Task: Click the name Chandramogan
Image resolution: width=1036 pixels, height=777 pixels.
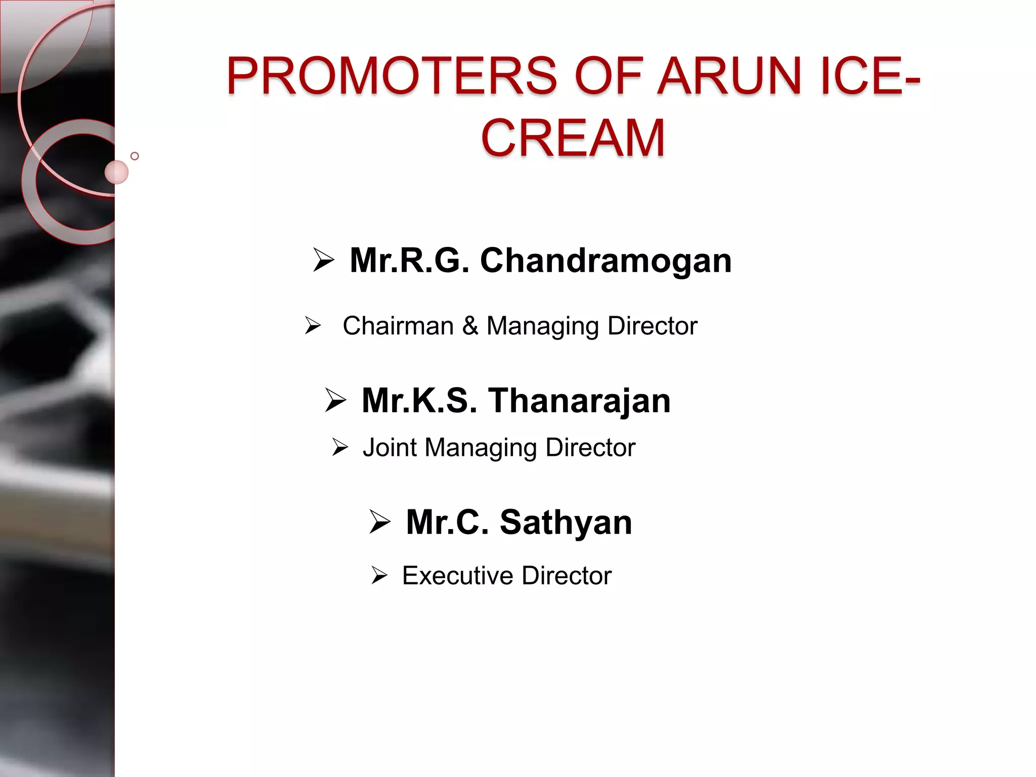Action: [x=605, y=261]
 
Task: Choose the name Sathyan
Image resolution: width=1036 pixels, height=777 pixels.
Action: [x=566, y=523]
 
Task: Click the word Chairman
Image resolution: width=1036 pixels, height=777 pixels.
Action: [x=398, y=326]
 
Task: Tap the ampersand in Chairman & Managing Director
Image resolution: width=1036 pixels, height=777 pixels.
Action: [x=470, y=326]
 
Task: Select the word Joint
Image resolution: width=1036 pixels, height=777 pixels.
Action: [x=390, y=448]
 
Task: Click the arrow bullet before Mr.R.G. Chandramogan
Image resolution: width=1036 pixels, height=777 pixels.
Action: [x=324, y=261]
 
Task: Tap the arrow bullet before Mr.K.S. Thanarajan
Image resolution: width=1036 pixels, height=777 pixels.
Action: [x=335, y=401]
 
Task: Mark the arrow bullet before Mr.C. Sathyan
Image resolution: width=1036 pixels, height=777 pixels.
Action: [x=380, y=522]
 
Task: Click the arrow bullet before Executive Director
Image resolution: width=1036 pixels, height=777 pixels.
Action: [x=379, y=576]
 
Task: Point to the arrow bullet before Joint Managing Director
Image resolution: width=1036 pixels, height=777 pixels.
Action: [x=340, y=447]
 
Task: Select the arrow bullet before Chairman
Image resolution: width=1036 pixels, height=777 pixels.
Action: [x=313, y=325]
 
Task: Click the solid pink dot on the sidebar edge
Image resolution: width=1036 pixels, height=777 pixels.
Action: [x=116, y=172]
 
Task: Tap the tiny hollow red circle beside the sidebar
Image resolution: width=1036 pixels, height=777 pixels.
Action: [x=135, y=156]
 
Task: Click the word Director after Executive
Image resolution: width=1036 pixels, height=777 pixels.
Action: [x=567, y=576]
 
